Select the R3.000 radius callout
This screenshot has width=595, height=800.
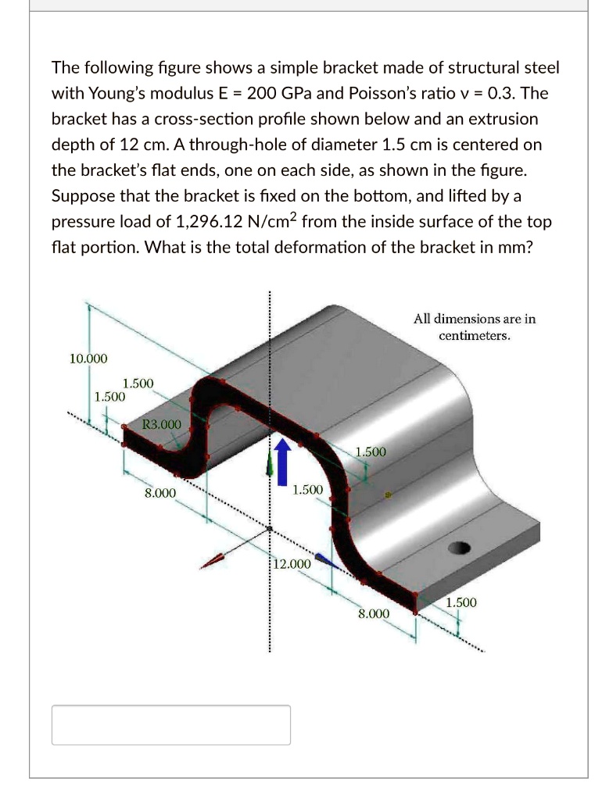pyautogui.click(x=162, y=424)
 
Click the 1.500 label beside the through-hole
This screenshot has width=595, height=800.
pyautogui.click(x=461, y=602)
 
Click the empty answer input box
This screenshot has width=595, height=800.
pyautogui.click(x=171, y=724)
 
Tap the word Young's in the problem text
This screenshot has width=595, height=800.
pyautogui.click(x=116, y=94)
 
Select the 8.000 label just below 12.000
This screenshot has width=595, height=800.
pyautogui.click(x=374, y=613)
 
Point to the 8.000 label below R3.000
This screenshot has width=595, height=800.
pyautogui.click(x=160, y=493)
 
